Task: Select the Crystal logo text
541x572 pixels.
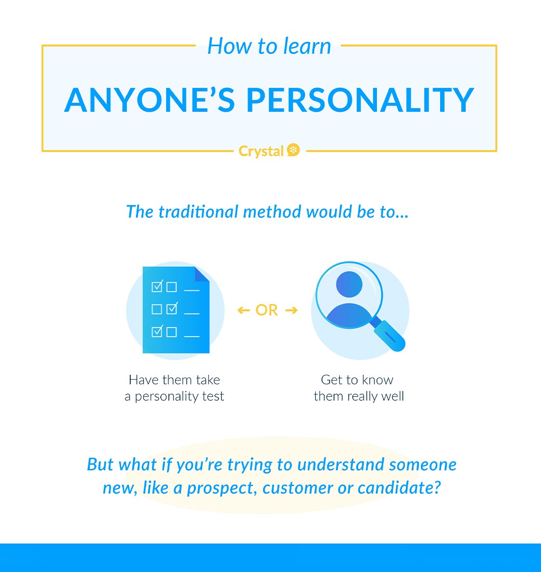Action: click(x=261, y=151)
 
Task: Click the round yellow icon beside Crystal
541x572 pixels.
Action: click(x=293, y=150)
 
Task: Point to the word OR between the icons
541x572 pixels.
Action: click(x=266, y=310)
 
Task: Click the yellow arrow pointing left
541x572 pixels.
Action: click(x=244, y=311)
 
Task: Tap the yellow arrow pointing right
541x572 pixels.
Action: click(x=291, y=311)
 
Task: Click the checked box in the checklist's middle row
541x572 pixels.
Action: click(x=172, y=308)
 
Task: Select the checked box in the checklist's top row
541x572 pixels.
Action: click(x=157, y=286)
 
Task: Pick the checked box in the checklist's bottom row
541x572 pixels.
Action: click(x=157, y=331)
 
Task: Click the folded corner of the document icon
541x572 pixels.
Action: click(x=201, y=274)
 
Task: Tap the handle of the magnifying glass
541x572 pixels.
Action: click(x=388, y=335)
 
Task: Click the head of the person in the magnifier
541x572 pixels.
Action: click(x=349, y=284)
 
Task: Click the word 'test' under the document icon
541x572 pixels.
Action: click(x=213, y=396)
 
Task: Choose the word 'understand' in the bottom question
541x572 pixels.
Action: click(x=341, y=465)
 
